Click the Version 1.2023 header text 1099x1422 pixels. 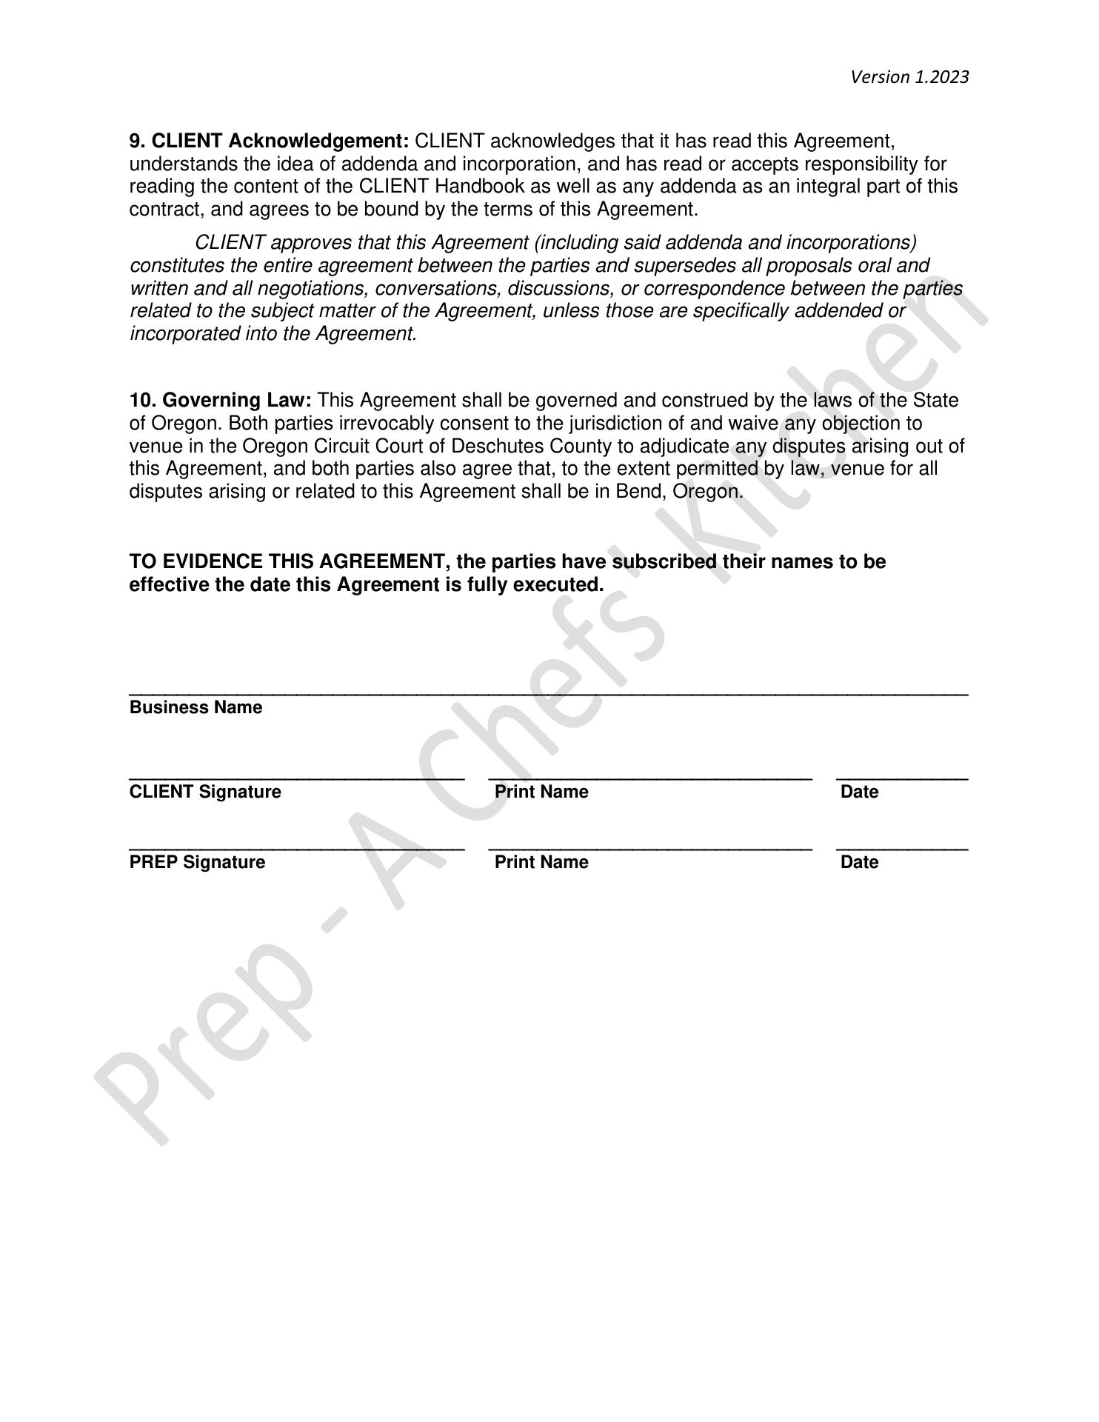909,77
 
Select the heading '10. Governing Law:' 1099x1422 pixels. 221,401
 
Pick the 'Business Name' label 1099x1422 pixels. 196,707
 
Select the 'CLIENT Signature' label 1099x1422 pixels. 205,792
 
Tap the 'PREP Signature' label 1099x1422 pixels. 197,862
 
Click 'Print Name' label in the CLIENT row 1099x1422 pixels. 541,792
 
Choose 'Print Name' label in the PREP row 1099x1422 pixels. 541,862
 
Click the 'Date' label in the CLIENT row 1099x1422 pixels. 859,792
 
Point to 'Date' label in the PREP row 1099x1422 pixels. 859,862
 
